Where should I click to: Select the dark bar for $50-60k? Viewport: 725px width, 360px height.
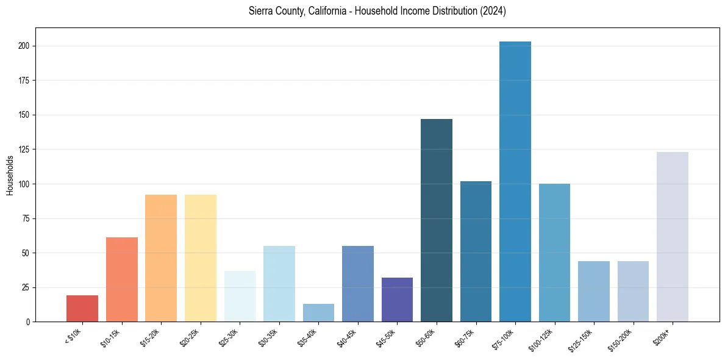pos(437,220)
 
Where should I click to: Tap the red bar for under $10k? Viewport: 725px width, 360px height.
pos(82,308)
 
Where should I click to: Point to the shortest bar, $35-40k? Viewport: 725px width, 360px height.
pos(318,312)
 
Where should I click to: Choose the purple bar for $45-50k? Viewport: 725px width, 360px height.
pos(397,300)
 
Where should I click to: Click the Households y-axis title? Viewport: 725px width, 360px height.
pos(10,175)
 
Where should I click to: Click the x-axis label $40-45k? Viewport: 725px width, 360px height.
pos(348,337)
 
